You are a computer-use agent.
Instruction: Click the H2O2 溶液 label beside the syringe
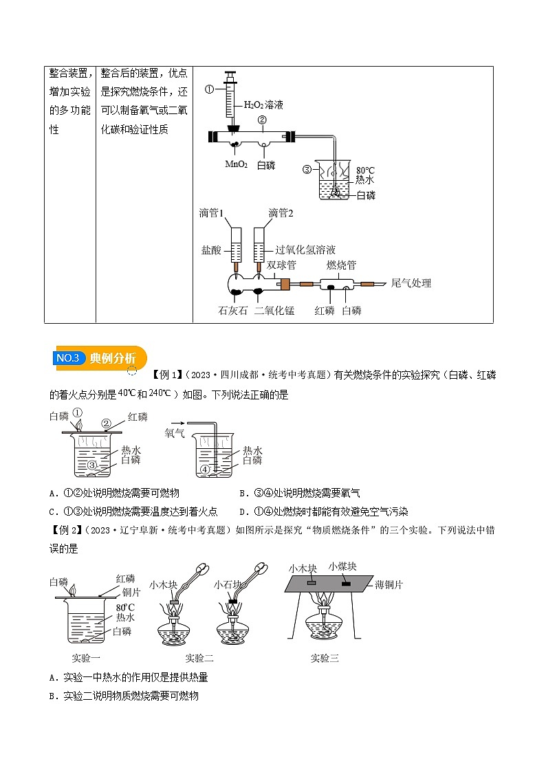click(x=264, y=105)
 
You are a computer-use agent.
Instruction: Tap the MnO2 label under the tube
click(x=235, y=165)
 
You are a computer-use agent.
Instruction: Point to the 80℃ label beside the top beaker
click(x=365, y=169)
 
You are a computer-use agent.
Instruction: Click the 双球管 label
click(x=281, y=265)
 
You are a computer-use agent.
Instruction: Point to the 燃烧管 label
click(x=341, y=265)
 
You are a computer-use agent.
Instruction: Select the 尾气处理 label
click(x=411, y=283)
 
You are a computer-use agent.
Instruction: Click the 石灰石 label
click(x=232, y=311)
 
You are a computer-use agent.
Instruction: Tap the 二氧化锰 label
click(x=274, y=311)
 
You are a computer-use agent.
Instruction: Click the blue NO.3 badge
click(x=68, y=358)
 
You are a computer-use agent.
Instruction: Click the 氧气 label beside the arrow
click(x=174, y=434)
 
